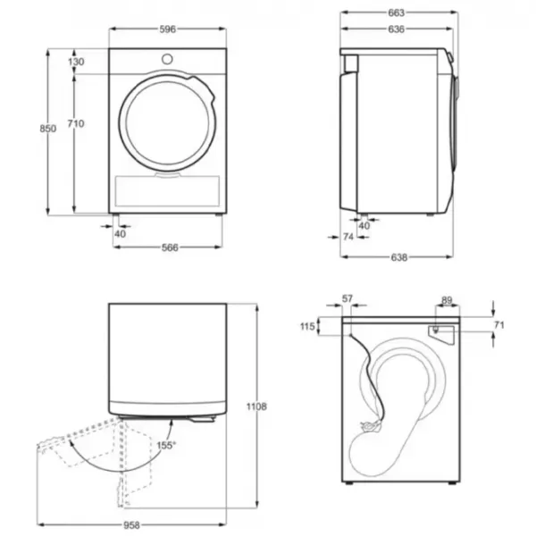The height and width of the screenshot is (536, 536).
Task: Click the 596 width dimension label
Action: [x=168, y=29]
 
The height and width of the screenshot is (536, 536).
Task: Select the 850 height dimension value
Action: [x=48, y=129]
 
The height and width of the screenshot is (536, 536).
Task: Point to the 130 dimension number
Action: [x=76, y=62]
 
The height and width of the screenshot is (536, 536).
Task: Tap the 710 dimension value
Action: [x=76, y=123]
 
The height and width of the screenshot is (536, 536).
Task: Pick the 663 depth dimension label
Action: [x=396, y=13]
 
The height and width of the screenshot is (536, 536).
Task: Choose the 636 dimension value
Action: [x=396, y=29]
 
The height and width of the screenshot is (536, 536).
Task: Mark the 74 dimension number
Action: [x=348, y=238]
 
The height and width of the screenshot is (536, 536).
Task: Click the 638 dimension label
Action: [x=398, y=257]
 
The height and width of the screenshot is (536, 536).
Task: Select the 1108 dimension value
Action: [x=256, y=407]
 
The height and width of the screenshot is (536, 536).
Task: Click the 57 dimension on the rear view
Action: [x=348, y=299]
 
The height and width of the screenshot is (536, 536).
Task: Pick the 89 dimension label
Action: [x=447, y=300]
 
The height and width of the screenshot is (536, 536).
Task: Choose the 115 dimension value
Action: [x=307, y=327]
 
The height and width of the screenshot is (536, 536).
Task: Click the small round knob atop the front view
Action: [x=167, y=59]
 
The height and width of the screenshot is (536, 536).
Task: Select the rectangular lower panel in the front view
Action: [x=167, y=191]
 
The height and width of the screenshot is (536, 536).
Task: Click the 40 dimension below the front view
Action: [x=120, y=233]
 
